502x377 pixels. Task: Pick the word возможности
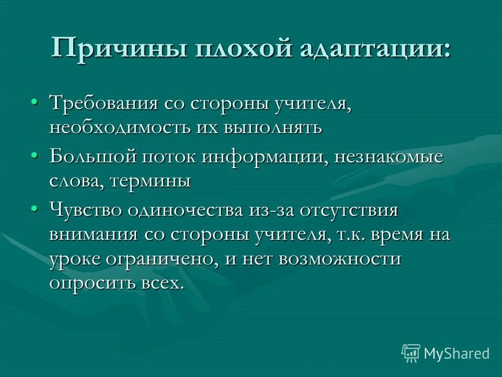[x=339, y=259]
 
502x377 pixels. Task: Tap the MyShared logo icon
[x=411, y=352]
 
